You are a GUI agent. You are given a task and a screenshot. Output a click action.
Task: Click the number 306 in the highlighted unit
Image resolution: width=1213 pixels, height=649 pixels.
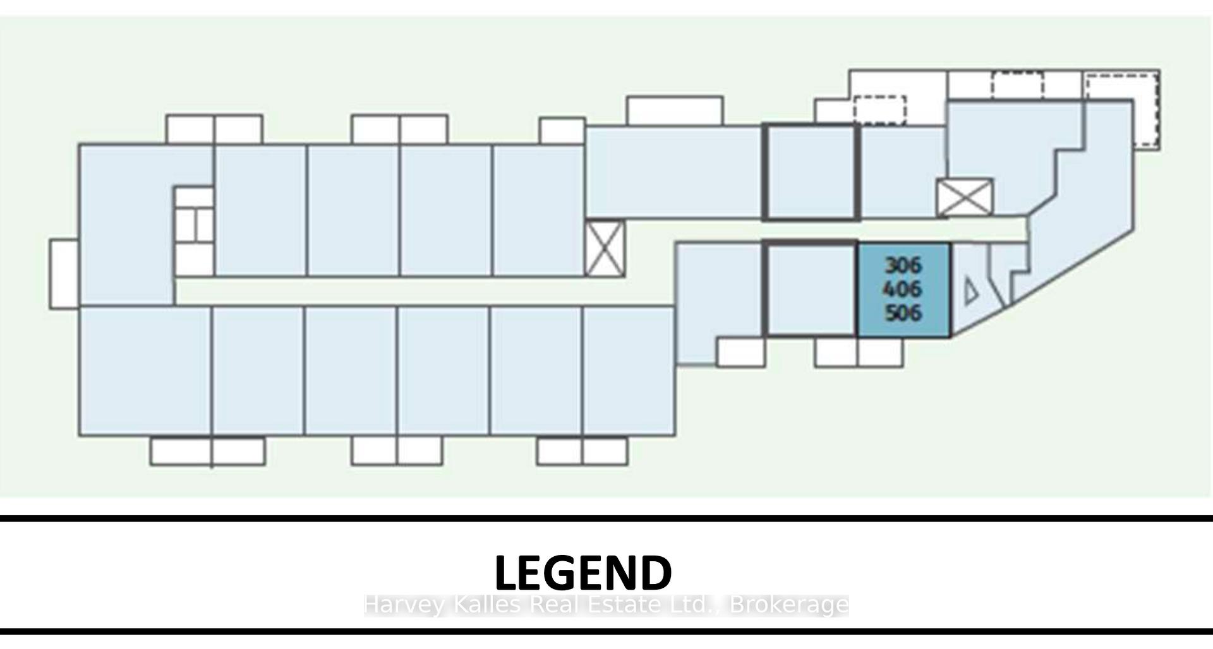[x=903, y=265]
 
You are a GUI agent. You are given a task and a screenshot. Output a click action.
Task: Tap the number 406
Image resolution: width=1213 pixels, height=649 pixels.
[x=902, y=289]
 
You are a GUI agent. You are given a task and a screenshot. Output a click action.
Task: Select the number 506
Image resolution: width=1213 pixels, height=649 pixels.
[x=903, y=313]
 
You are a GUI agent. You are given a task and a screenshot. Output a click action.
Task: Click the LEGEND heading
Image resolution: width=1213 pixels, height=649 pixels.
[x=583, y=573]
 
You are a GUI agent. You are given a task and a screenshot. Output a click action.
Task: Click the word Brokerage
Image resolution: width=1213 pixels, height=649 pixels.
[x=789, y=605]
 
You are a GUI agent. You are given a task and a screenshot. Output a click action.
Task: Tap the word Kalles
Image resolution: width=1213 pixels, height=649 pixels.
[x=486, y=605]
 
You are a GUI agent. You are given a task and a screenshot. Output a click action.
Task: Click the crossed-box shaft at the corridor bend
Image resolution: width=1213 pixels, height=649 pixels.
[x=605, y=248]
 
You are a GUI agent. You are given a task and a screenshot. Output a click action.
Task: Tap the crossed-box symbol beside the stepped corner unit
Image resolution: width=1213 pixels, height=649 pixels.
[x=965, y=198]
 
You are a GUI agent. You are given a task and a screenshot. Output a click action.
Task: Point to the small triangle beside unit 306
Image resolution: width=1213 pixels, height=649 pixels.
[x=971, y=292]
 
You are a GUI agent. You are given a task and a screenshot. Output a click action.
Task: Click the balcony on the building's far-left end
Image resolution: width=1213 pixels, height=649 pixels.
[x=64, y=274]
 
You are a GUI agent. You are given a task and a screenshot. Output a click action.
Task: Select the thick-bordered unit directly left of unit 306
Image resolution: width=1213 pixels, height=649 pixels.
[x=810, y=289]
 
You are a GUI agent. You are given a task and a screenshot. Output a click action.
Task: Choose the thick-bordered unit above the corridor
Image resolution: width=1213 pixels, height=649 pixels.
[x=811, y=172]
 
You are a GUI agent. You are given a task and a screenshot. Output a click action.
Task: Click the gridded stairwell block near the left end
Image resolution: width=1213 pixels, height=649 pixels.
[x=194, y=231]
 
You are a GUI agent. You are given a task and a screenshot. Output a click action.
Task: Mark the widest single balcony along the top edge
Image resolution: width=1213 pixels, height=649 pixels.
[x=675, y=111]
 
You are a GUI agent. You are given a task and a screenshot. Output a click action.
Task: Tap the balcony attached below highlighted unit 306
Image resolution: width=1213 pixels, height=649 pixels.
[x=881, y=352]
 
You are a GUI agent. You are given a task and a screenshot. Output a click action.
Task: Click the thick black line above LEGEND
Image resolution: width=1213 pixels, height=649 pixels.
[x=606, y=518]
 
